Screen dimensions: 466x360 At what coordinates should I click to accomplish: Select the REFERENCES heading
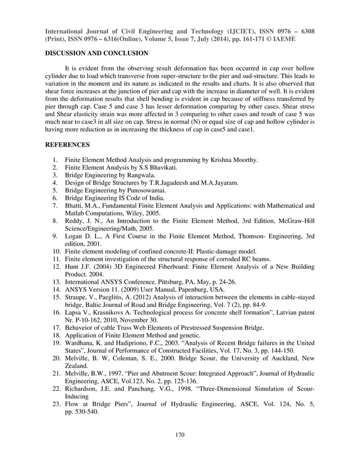[67, 145]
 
